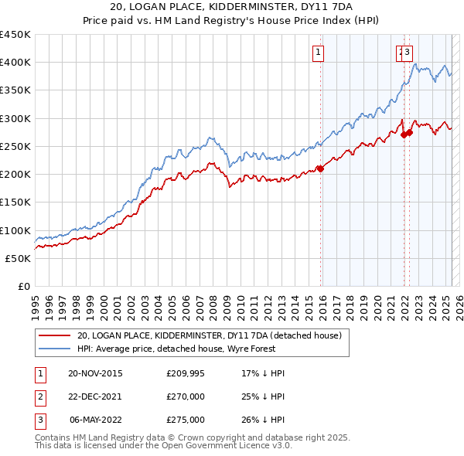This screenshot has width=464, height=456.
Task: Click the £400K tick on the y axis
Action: coord(16,63)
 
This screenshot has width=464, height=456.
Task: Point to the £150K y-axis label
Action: coord(16,202)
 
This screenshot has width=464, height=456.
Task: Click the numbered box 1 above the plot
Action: coord(318,53)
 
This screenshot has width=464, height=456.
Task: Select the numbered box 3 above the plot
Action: coord(408,53)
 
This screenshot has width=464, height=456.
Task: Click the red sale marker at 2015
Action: coord(320,169)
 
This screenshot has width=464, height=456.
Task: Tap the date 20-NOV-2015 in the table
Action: coord(95,373)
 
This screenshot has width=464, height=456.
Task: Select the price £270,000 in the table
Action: coord(186,396)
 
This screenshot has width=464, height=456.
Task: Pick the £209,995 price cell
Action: coord(186,373)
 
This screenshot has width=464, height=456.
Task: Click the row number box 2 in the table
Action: coord(39,396)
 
